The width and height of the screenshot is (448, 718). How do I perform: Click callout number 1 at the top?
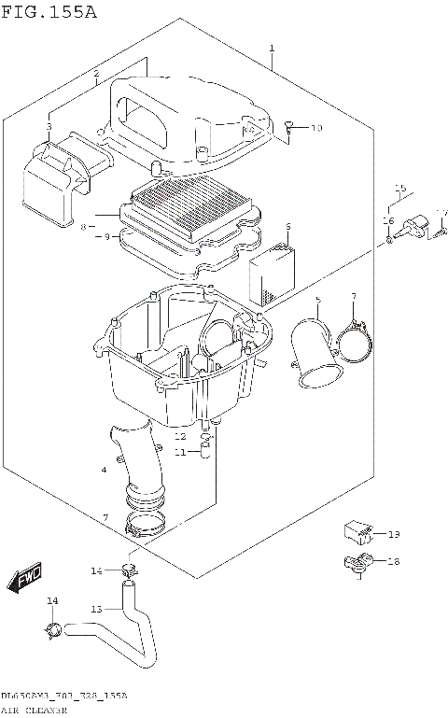coord(272,48)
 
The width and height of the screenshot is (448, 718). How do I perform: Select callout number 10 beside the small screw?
coord(315,128)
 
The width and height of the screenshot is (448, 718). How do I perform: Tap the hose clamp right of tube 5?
coord(352,340)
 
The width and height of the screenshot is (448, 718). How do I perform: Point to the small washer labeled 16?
coord(387,241)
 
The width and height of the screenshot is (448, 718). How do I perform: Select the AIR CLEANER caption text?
coord(34,711)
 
